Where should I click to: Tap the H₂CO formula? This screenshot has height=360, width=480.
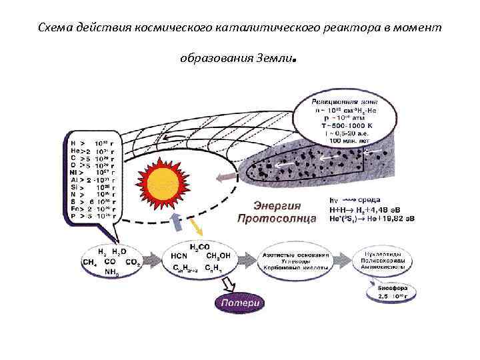(x=199, y=247)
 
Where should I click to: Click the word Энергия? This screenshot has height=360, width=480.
(x=277, y=205)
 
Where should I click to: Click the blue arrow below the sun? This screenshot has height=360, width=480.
(x=177, y=221)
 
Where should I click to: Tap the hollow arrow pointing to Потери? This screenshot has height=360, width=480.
(x=227, y=285)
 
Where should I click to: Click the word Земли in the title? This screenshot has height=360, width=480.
(x=274, y=58)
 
